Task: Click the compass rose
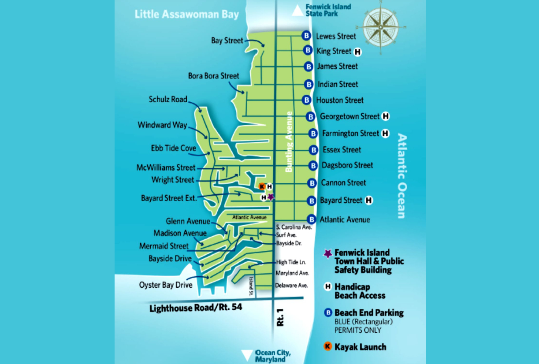point(381,26)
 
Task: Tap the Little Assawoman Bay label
point(186,14)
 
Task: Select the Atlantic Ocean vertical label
point(401,176)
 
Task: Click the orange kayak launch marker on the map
point(262,186)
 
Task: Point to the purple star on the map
point(271,197)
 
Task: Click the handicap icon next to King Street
point(357,52)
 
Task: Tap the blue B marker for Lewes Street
point(306,36)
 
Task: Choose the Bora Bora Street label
point(213,76)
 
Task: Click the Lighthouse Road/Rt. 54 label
point(196,308)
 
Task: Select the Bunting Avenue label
point(289,141)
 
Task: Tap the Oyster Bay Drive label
point(166,285)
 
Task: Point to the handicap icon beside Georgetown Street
point(386,116)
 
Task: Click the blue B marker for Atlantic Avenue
point(312,219)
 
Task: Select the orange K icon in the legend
point(327,346)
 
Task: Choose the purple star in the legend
point(327,253)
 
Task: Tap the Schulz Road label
point(168,100)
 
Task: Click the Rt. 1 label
point(281,317)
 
